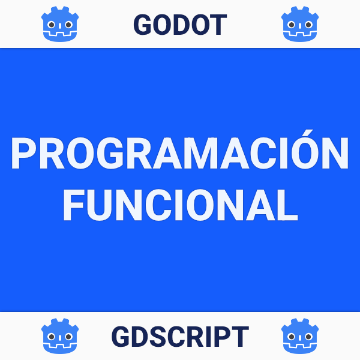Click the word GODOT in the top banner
click(179, 24)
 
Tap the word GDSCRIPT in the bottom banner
click(179, 337)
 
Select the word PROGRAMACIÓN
click(179, 155)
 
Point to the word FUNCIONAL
click(180, 205)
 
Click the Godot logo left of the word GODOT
click(61, 24)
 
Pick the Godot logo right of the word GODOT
click(299, 24)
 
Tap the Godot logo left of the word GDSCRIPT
click(61, 336)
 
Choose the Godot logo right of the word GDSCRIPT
click(299, 336)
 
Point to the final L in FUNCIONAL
click(287, 205)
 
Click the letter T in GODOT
click(217, 24)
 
